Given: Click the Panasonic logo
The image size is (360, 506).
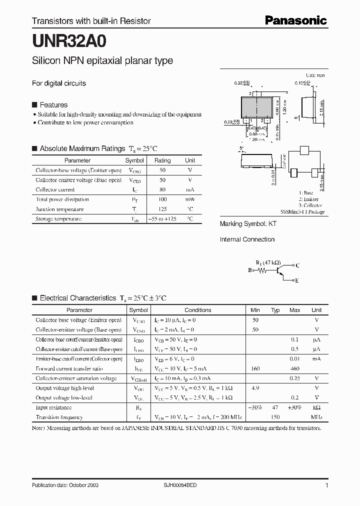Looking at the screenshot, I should [295, 20].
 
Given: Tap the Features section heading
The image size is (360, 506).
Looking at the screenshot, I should [53, 105].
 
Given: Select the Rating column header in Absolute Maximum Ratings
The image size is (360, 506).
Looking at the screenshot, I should [162, 160].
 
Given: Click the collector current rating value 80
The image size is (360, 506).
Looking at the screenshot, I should [162, 190].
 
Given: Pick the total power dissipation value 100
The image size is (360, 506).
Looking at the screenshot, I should [162, 199].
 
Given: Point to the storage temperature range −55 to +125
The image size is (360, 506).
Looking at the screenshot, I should [162, 219].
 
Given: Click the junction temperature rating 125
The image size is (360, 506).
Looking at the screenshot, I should [162, 209].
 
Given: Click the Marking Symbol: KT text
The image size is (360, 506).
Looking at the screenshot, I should [248, 224].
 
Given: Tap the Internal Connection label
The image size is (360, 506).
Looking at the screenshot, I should [247, 239].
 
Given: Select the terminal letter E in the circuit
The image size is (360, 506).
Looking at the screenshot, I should [296, 281].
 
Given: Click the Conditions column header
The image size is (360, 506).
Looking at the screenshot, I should [197, 310].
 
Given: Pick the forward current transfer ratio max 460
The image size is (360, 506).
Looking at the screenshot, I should [294, 369].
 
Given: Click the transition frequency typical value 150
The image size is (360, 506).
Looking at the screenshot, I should [275, 417].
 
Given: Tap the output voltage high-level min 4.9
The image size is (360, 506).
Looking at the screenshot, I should [255, 388].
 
